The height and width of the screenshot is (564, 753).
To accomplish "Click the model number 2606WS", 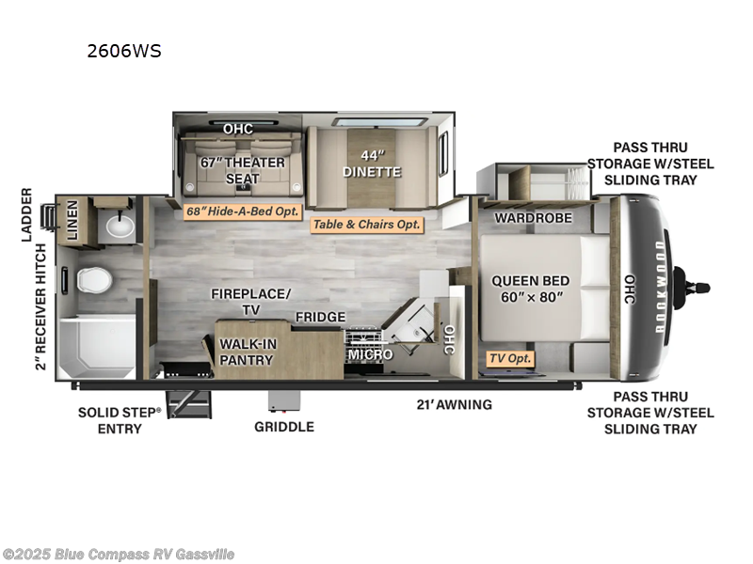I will click(x=124, y=52).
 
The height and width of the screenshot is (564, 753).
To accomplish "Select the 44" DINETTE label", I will click(x=373, y=164).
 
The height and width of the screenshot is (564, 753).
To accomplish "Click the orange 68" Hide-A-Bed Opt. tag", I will click(x=242, y=211).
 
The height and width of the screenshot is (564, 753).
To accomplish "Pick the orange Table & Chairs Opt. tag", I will click(x=367, y=225).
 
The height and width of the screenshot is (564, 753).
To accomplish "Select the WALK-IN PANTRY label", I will click(x=248, y=352).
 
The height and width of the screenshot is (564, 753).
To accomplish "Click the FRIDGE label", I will click(x=321, y=318).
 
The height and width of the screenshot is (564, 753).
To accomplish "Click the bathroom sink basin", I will click(x=119, y=226).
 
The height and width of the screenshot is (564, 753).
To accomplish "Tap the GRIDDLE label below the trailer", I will click(x=284, y=426).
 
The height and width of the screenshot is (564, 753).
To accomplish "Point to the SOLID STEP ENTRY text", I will click(x=120, y=420).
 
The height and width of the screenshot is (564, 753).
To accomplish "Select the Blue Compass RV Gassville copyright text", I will click(x=119, y=555).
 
